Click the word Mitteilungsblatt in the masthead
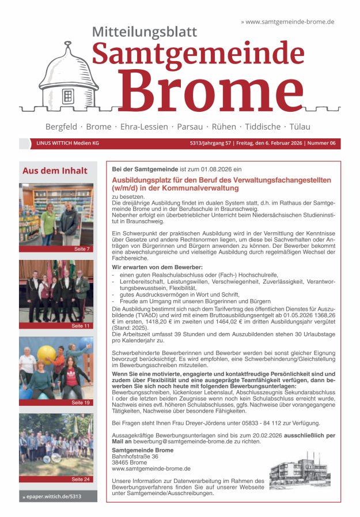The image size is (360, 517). (144, 32)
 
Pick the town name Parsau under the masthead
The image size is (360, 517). (190, 126)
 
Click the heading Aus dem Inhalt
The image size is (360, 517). (55, 171)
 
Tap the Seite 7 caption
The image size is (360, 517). (81, 249)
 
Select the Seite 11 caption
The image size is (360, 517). (81, 326)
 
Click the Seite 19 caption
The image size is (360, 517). (81, 402)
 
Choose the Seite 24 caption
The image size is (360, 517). (81, 479)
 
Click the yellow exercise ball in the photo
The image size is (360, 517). (46, 353)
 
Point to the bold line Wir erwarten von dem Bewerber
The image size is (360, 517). (157, 267)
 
